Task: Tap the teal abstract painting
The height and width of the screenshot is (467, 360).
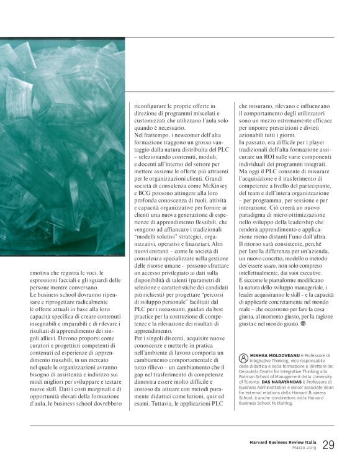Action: [x=62, y=143]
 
